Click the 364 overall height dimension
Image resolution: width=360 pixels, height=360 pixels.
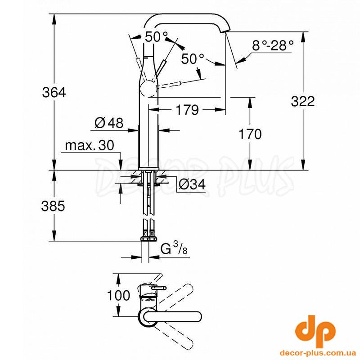[x=54, y=93]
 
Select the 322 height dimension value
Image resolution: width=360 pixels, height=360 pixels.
[x=302, y=101]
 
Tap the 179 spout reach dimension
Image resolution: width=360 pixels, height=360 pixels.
[x=187, y=110]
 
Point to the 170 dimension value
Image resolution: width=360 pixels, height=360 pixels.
[x=250, y=134]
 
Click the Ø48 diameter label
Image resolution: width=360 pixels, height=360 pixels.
[x=109, y=123]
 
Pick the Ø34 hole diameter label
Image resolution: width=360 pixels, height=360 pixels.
[x=192, y=184]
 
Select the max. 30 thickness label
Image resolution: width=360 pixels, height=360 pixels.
[x=90, y=145]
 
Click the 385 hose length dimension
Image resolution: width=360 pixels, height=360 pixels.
[x=53, y=206]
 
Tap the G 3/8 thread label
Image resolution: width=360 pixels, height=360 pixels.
[x=174, y=249]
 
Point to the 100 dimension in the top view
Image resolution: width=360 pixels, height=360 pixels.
[x=118, y=295]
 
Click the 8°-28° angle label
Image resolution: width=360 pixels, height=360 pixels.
[x=273, y=45]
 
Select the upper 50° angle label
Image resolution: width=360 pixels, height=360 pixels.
[x=156, y=36]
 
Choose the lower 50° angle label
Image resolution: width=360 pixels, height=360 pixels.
[x=193, y=59]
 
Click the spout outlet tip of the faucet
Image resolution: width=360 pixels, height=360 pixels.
[x=224, y=31]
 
